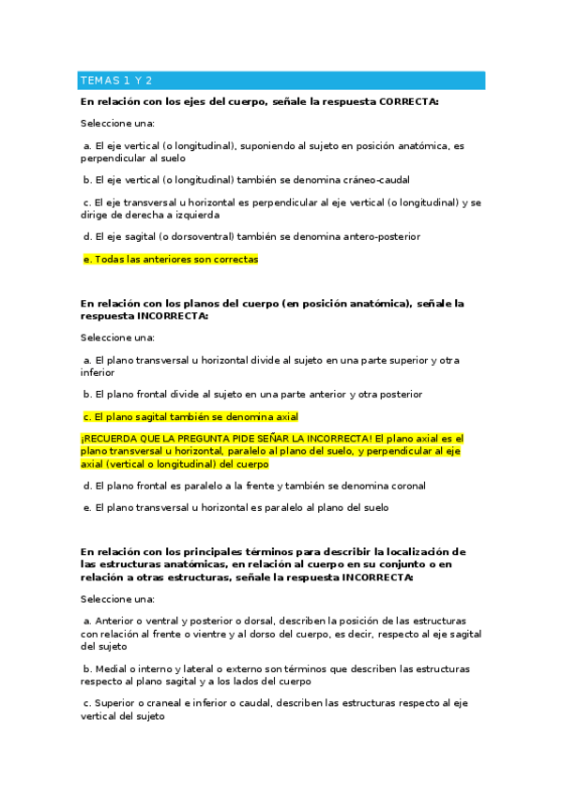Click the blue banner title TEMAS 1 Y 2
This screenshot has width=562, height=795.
(x=117, y=81)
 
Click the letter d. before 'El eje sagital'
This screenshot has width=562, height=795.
(x=88, y=236)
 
